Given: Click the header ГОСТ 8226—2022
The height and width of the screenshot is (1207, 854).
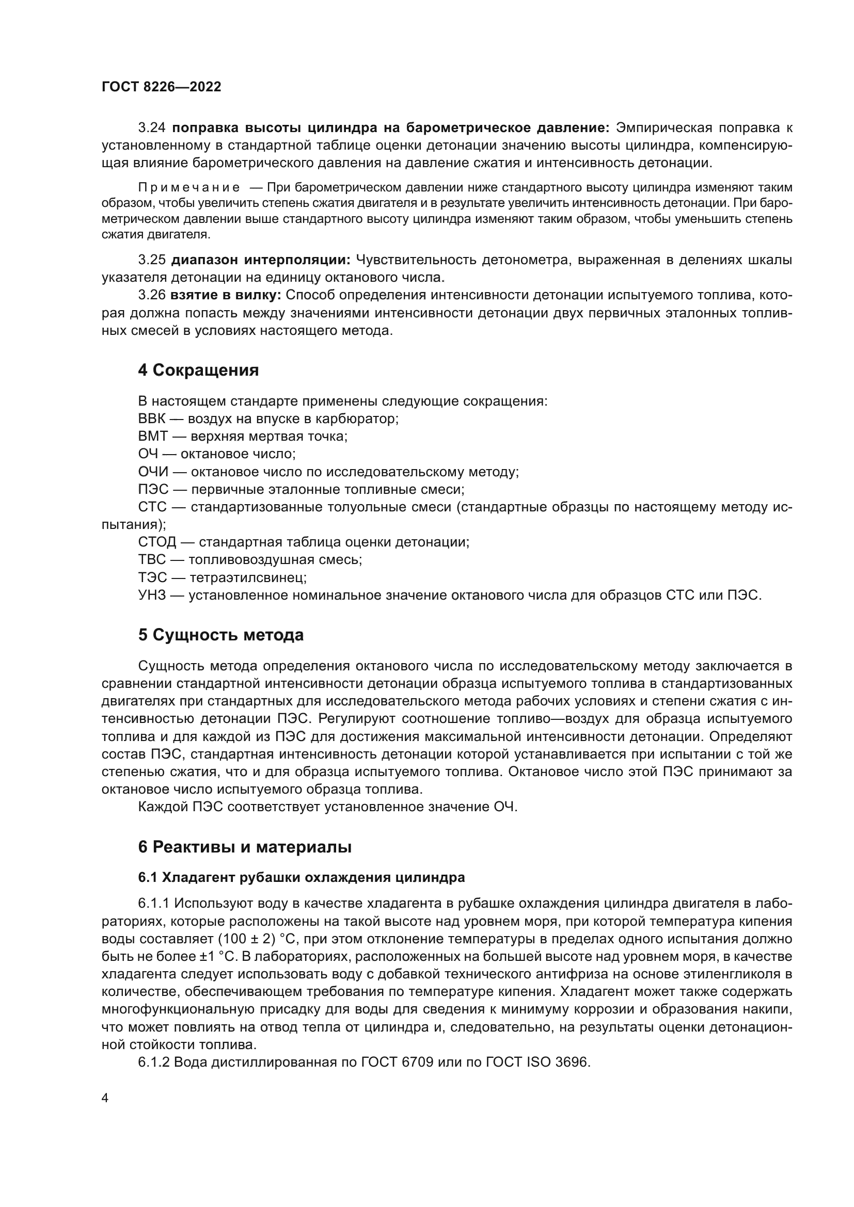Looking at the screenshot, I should pos(161,87).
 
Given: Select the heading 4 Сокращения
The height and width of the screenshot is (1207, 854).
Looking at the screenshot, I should pos(198,370).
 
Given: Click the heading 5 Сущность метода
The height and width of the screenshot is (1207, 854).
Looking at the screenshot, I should pos(221,635).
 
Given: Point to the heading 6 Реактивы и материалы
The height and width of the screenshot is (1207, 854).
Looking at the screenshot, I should pos(245,847).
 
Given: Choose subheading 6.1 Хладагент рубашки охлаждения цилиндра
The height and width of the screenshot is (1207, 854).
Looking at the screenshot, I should pos(302,877).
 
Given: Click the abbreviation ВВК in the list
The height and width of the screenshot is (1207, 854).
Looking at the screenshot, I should pos(151,419).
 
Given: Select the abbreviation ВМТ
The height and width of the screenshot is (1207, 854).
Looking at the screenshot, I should pos(152,437).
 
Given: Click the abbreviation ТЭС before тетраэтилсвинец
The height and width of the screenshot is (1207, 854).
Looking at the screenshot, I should pos(152,578).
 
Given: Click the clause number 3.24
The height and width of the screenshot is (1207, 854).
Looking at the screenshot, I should pos(152,128).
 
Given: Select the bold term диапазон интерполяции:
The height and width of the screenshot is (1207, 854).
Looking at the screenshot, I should pos(261,260).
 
